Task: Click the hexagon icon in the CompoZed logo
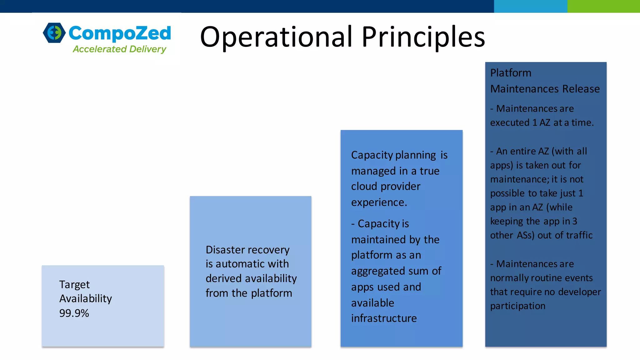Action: (54, 32)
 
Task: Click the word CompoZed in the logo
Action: (120, 33)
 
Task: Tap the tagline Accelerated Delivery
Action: (119, 49)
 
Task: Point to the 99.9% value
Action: (74, 313)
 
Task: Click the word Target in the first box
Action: (74, 285)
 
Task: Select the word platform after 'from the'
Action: (271, 293)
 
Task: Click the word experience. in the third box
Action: (379, 202)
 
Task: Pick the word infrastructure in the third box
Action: (384, 318)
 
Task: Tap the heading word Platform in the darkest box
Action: (511, 73)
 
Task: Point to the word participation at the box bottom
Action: (517, 306)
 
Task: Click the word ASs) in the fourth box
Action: (526, 235)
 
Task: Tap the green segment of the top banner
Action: (603, 6)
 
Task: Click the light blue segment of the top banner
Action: (530, 6)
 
